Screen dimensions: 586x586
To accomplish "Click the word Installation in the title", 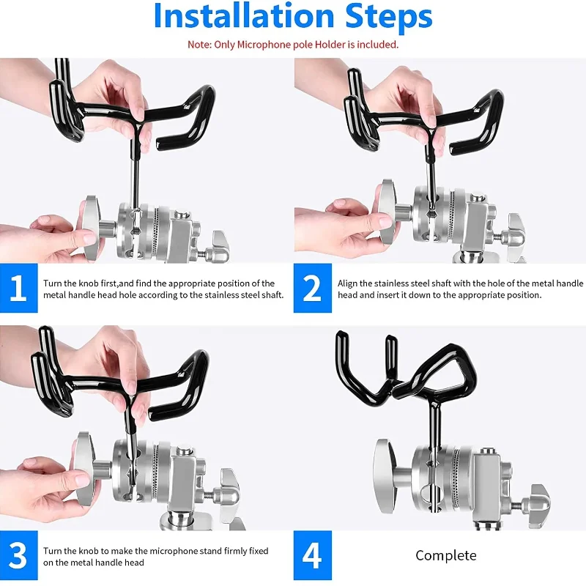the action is tap(244, 15).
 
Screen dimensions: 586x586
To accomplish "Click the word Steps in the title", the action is tap(389, 16).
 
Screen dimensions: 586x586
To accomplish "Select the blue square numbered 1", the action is tap(19, 288).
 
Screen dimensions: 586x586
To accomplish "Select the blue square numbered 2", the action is tap(313, 288).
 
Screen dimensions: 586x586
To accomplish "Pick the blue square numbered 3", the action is tap(19, 555).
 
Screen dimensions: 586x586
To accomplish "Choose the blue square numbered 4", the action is tap(313, 555).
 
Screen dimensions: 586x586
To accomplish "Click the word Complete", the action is tap(446, 556).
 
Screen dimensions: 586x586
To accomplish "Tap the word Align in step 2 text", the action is tap(347, 283).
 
